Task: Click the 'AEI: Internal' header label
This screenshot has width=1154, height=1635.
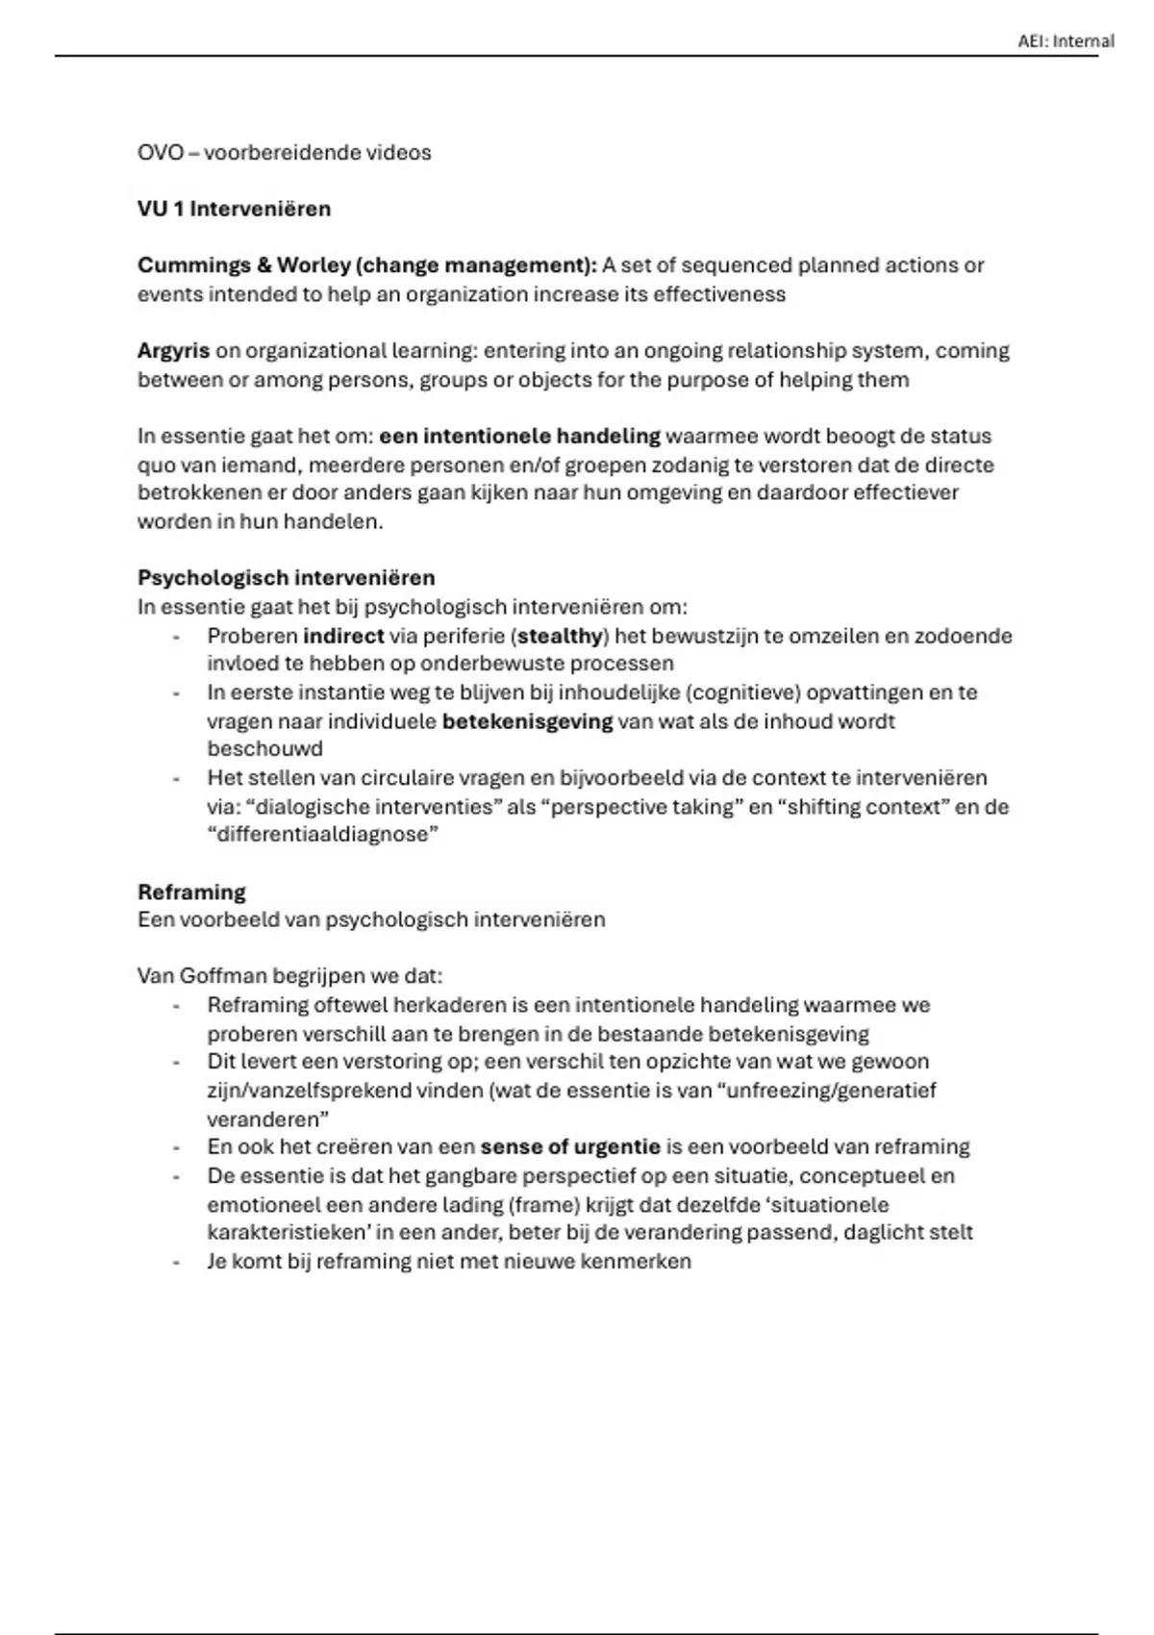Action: (x=1066, y=41)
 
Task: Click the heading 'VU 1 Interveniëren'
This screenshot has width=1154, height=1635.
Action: (x=234, y=209)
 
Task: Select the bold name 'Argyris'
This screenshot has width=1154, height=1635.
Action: (x=173, y=351)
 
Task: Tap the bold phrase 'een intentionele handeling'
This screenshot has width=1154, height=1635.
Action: (x=519, y=437)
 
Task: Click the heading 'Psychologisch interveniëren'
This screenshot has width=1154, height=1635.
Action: (x=286, y=578)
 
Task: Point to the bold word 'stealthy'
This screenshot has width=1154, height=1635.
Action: (x=560, y=636)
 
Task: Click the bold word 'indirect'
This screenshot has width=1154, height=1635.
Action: (x=343, y=636)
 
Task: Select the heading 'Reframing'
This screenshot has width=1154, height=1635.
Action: (x=191, y=892)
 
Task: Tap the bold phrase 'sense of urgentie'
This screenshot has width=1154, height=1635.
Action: (x=570, y=1146)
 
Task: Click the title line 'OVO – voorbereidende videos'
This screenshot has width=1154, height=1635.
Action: (x=284, y=153)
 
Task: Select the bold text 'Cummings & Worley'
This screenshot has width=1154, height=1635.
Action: (x=243, y=265)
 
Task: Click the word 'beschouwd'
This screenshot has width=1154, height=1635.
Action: (x=264, y=748)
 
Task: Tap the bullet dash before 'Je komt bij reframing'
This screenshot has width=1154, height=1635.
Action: (x=176, y=1261)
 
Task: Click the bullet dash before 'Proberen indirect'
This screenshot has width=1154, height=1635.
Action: (x=176, y=636)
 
